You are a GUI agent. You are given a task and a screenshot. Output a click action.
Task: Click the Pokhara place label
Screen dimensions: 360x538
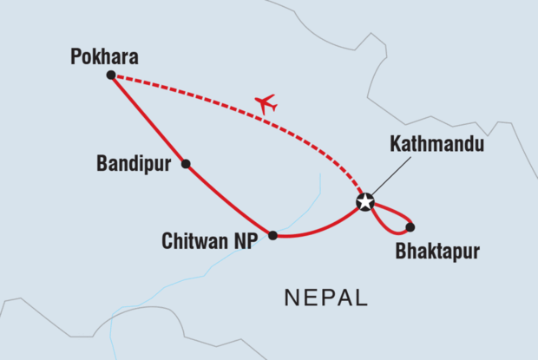tap(104, 56)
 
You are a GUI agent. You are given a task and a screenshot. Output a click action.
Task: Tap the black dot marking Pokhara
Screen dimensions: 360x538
tap(110, 75)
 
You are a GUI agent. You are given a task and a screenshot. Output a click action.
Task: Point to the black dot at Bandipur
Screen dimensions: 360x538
tap(185, 163)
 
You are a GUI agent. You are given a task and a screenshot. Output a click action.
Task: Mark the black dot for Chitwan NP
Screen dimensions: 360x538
tap(272, 235)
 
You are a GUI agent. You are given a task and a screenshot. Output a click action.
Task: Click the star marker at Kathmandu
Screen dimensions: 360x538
tap(365, 203)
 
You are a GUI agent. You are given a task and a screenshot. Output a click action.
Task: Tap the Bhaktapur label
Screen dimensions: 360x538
tap(436, 253)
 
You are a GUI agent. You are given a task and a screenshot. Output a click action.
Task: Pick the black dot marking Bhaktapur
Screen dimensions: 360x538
tap(410, 227)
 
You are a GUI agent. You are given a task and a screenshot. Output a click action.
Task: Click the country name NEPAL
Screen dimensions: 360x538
tap(326, 298)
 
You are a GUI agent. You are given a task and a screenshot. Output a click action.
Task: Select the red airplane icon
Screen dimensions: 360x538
tap(266, 104)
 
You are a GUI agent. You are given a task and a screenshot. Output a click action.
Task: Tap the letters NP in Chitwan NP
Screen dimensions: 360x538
tap(245, 240)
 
